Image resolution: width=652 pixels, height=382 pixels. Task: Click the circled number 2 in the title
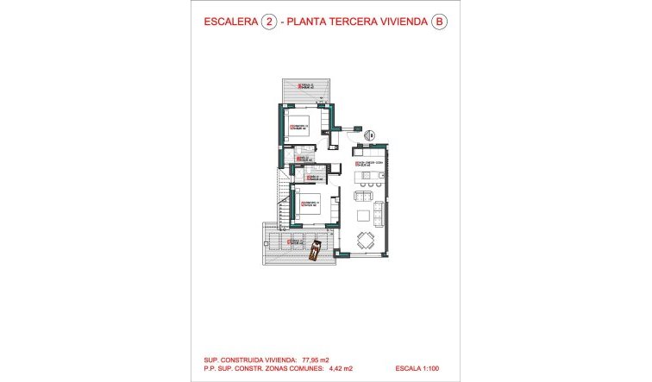pos(270,23)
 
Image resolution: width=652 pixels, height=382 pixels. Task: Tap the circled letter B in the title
pos(441,23)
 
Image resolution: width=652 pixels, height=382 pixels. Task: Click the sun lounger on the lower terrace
pos(317,250)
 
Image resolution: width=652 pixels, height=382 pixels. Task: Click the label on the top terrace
pos(302,85)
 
